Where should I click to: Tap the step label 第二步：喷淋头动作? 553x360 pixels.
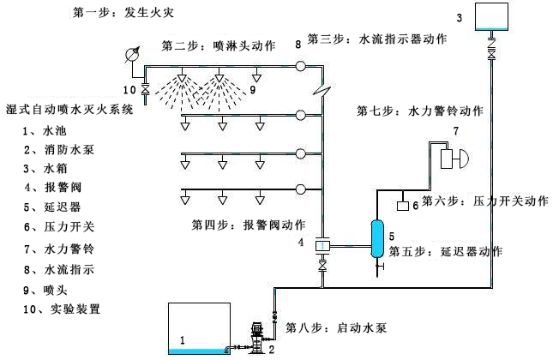219,45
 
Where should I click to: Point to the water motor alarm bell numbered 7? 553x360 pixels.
452,159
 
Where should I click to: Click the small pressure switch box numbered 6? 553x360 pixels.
401,206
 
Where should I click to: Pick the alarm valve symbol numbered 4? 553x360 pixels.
323,247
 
